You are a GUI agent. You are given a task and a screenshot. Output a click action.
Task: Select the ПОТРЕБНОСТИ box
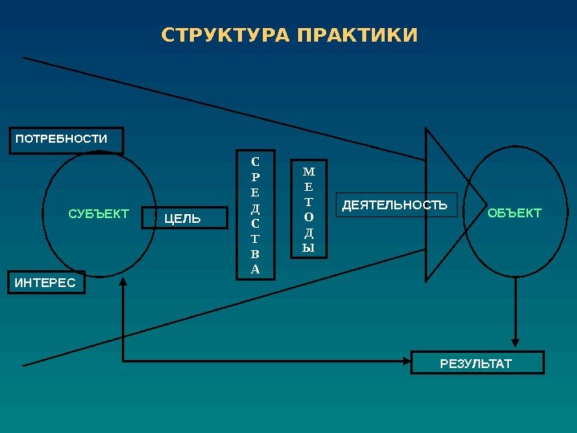[x=66, y=140]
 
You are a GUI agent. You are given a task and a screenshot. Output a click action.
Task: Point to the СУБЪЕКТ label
[x=99, y=213]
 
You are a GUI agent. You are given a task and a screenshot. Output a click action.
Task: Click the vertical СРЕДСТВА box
[x=255, y=214]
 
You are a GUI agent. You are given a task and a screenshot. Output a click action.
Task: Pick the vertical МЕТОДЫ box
[x=309, y=209]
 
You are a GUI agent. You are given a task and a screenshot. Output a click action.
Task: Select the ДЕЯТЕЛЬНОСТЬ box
[x=395, y=205]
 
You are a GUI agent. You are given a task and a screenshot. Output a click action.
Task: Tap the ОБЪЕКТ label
[x=514, y=212]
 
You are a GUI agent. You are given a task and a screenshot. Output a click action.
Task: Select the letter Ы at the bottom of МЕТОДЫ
[x=309, y=248]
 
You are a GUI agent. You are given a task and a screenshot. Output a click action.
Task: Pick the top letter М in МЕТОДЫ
[x=309, y=172]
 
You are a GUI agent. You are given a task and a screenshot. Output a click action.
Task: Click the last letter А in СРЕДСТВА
[x=255, y=269]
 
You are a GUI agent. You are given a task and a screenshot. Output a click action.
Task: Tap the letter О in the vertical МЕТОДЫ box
[x=309, y=217]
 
